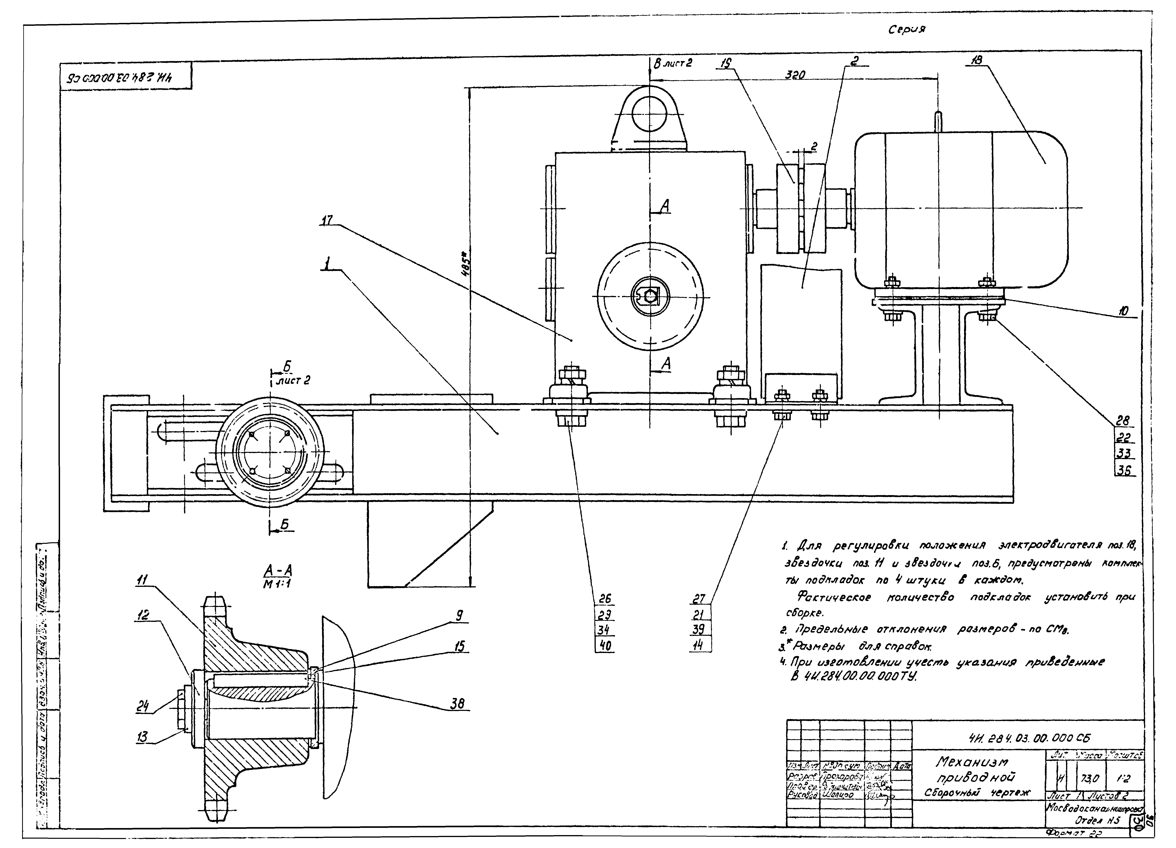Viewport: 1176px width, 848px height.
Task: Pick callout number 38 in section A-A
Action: coord(457,703)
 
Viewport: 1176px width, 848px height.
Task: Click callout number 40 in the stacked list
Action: coord(605,645)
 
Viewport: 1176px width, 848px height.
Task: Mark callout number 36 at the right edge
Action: coord(1123,471)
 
